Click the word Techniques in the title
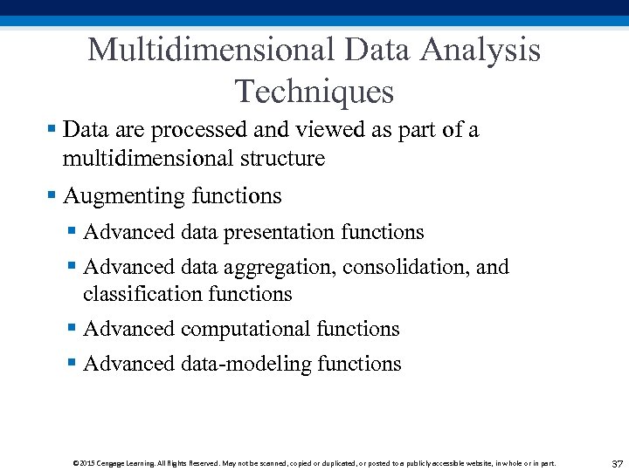pos(314,91)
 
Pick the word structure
pos(281,158)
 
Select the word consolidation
pos(407,267)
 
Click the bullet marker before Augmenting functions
pos(52,196)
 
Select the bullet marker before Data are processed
pos(52,130)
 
